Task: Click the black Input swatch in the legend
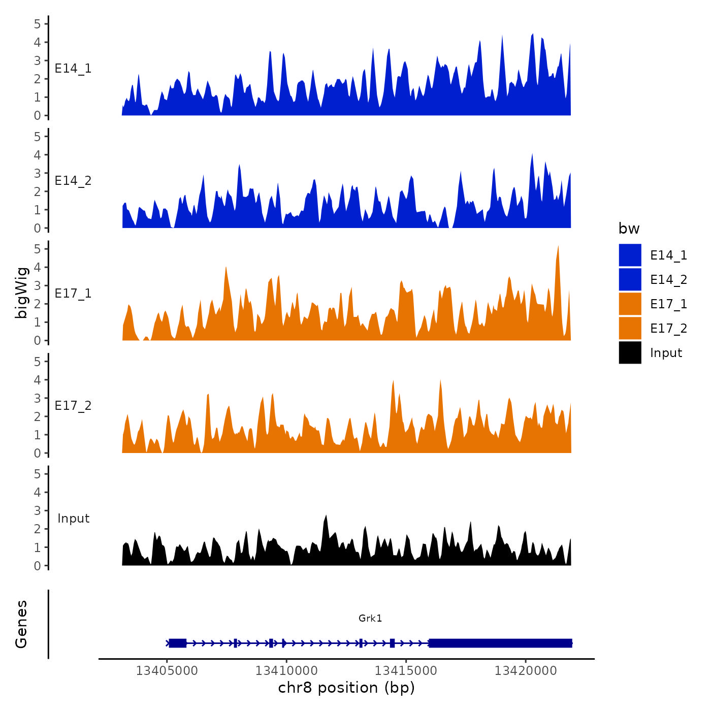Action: tap(630, 352)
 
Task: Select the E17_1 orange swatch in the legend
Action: tap(630, 304)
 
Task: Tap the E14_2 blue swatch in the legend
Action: tap(630, 279)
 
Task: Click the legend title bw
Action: tap(629, 229)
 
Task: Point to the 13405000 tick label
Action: tap(167, 671)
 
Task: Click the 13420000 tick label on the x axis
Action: tap(526, 671)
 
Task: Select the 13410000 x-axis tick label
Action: tap(286, 671)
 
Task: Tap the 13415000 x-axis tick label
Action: tap(406, 671)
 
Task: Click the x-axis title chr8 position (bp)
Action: tap(346, 688)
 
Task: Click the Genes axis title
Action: tap(21, 624)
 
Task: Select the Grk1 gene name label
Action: tap(370, 618)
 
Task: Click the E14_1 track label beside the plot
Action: tap(73, 69)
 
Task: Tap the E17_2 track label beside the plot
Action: tap(73, 405)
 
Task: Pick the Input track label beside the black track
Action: tap(73, 518)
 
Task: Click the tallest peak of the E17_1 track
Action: tap(558, 248)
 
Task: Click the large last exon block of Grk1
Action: tap(500, 643)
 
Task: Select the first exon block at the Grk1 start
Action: tap(177, 643)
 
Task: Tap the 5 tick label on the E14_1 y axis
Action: tap(38, 23)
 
